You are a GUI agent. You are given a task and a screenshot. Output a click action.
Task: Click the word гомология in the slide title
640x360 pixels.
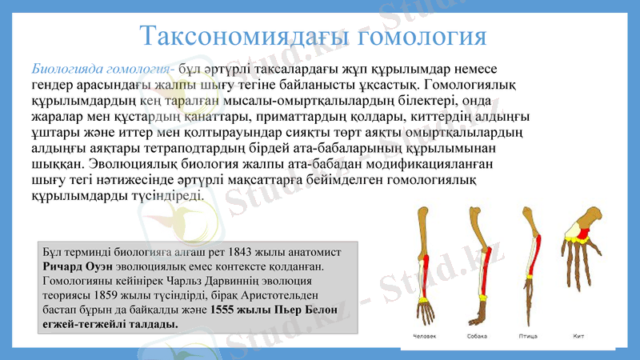(421, 36)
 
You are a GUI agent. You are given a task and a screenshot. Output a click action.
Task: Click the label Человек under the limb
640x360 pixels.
(425, 336)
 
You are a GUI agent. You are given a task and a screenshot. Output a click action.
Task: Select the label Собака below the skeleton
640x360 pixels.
(477, 336)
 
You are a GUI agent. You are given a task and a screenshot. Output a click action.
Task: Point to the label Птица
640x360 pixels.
(527, 336)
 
